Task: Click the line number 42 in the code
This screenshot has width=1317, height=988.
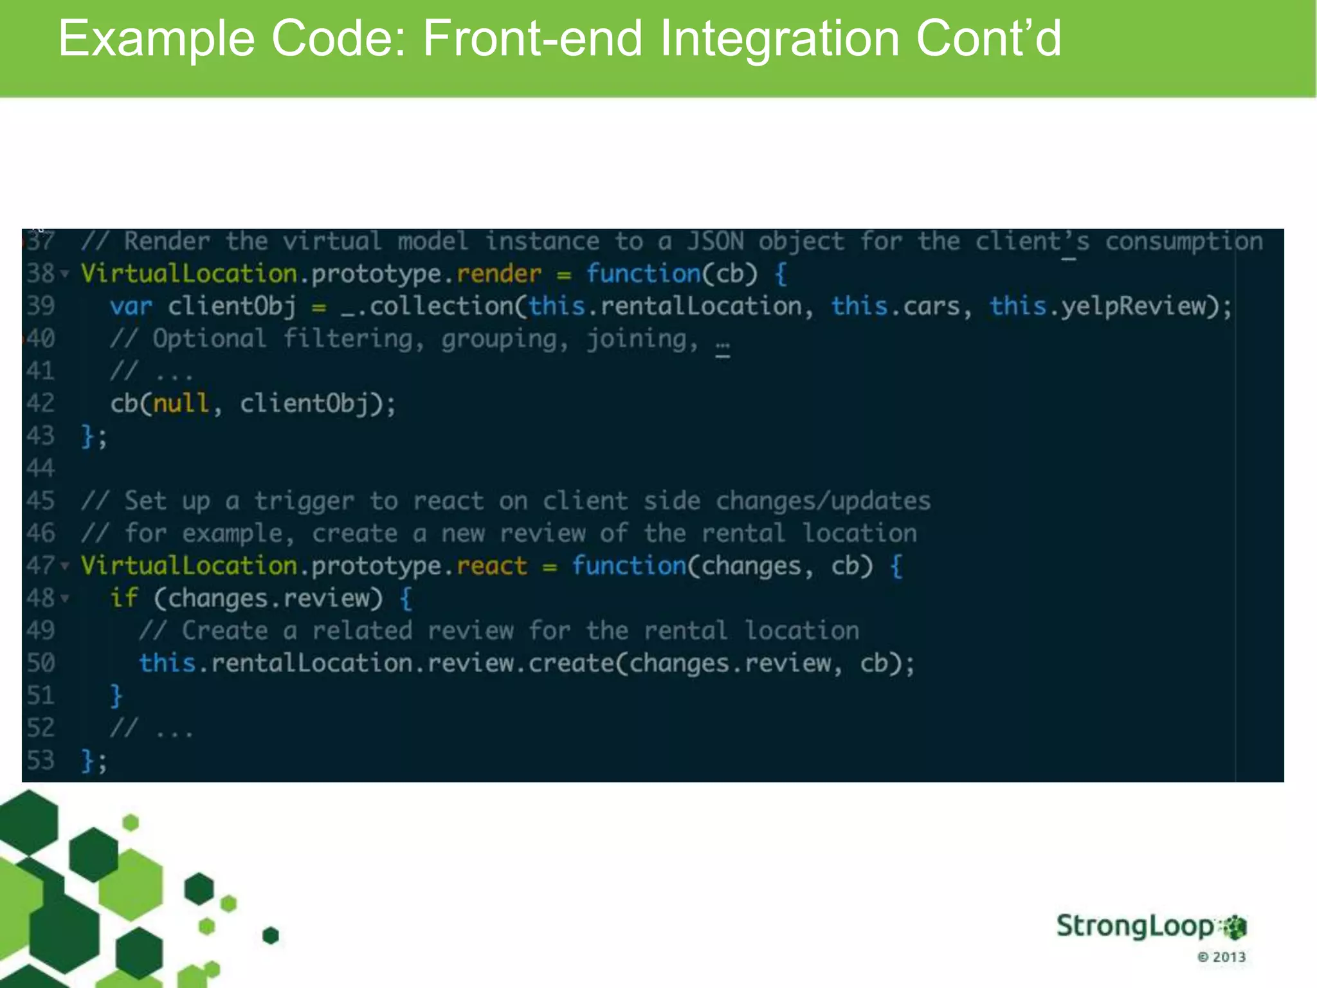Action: pyautogui.click(x=41, y=403)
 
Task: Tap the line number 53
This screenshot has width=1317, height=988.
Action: pyautogui.click(x=41, y=760)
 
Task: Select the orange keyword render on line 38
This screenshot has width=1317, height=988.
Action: pyautogui.click(x=499, y=274)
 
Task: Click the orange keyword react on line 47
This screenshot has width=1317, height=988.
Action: pyautogui.click(x=492, y=566)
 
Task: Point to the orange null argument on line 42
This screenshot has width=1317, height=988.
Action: pyautogui.click(x=181, y=403)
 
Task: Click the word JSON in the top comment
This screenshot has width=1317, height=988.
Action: pyautogui.click(x=715, y=242)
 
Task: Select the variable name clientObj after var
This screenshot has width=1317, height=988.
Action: pyautogui.click(x=232, y=306)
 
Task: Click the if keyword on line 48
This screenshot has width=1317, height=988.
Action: pyautogui.click(x=123, y=598)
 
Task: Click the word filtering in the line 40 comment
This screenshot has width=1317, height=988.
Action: pyautogui.click(x=348, y=339)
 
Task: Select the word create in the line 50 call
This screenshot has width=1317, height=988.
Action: pyautogui.click(x=571, y=663)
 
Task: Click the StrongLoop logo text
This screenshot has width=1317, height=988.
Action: pyautogui.click(x=1136, y=926)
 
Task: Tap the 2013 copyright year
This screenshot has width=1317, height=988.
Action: pyautogui.click(x=1229, y=957)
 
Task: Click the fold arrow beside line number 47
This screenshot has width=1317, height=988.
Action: pyautogui.click(x=65, y=566)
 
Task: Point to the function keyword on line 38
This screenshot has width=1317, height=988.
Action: pyautogui.click(x=643, y=274)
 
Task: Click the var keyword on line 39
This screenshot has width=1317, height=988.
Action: pyautogui.click(x=131, y=306)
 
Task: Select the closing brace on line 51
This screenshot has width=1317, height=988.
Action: pyautogui.click(x=116, y=696)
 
